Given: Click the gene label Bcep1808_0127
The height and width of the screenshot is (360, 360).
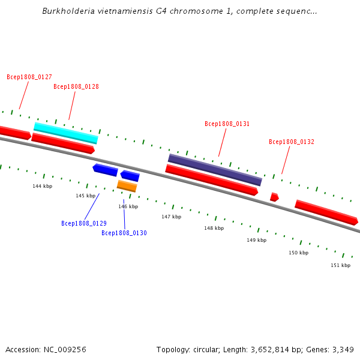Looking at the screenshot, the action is point(29,77).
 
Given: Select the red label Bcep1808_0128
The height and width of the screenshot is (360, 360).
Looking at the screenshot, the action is point(76,86).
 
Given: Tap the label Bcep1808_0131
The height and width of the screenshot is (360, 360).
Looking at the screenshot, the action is point(227,124).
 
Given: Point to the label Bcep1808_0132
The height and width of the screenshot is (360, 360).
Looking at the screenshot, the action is point(292,142).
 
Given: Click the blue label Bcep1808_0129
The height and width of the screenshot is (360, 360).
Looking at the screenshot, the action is point(84,223).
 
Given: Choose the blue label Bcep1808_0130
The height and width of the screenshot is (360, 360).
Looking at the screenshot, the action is point(124,233).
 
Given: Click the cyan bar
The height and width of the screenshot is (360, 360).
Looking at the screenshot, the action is point(66,133).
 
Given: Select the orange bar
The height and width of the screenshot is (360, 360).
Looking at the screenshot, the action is point(127,186).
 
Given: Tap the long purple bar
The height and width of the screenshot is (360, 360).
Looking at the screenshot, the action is point(215,170).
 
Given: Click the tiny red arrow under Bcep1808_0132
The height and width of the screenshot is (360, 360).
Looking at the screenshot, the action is point(274,197).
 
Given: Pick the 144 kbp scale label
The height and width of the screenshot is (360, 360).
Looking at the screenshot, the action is point(43,186).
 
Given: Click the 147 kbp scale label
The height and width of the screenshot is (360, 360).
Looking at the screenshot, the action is point(171,217).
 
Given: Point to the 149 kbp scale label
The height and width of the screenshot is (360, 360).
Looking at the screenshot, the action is point(256,240).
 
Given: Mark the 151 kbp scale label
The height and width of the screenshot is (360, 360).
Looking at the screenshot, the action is point(340,265).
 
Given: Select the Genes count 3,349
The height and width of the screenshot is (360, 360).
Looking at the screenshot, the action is point(342,349).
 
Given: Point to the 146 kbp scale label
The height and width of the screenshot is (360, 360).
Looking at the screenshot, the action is point(128,206).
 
